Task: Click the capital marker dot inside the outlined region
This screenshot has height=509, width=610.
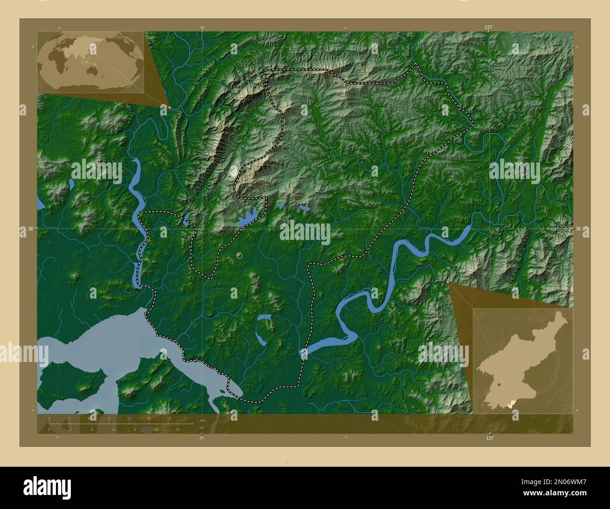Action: pos(239,255)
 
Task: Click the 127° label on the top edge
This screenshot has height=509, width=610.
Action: pos(489,28)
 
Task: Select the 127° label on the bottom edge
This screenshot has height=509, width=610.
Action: pos(489,438)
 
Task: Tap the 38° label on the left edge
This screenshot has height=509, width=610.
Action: pos(30,229)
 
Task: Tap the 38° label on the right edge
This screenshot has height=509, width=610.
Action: pos(579,229)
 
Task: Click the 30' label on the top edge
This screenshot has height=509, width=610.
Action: pos(202,28)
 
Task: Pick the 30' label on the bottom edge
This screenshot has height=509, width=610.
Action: pos(202,438)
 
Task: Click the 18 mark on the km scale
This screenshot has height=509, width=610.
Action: pos(169,418)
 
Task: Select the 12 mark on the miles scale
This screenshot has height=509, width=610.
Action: pos(177,429)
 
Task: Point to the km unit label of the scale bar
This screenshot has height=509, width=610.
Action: pos(202,420)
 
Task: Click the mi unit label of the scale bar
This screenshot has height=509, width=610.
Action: pos(202,427)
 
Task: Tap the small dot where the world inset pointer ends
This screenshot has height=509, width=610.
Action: pos(169,108)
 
